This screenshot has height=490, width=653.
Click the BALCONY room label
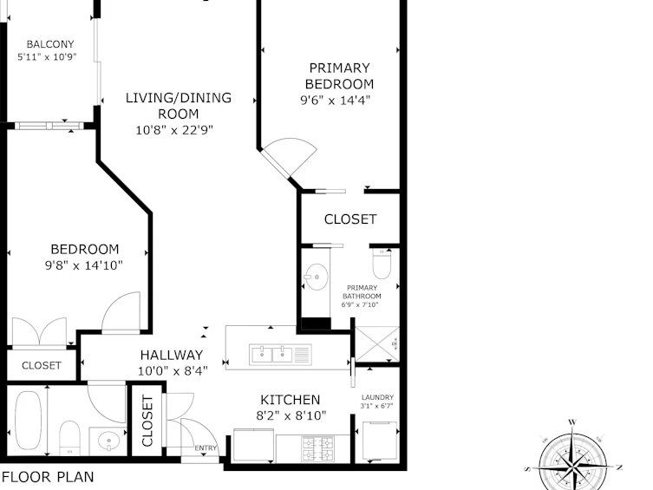(50, 44)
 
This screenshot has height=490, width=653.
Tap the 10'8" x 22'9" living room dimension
(174, 130)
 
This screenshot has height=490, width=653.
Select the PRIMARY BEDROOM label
(339, 75)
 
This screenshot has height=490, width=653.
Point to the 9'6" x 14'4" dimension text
(336, 101)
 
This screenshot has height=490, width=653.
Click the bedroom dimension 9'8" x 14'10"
(84, 265)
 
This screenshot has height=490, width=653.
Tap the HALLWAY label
(172, 355)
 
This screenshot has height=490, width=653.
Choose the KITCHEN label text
(291, 400)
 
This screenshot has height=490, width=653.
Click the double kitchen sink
(280, 355)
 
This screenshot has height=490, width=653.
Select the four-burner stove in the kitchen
(317, 448)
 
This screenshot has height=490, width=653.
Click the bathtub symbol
(29, 421)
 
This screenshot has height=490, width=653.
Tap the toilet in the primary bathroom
(382, 264)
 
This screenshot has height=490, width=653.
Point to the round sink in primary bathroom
(317, 277)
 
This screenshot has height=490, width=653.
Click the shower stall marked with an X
(377, 344)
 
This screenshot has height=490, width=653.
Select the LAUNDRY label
(377, 397)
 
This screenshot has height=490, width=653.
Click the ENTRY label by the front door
(206, 448)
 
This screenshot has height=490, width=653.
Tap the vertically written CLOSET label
(147, 421)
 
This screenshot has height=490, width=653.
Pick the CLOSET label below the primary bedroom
(350, 219)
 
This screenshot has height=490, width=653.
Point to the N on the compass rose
(619, 467)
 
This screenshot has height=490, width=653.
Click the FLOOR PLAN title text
(48, 477)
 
